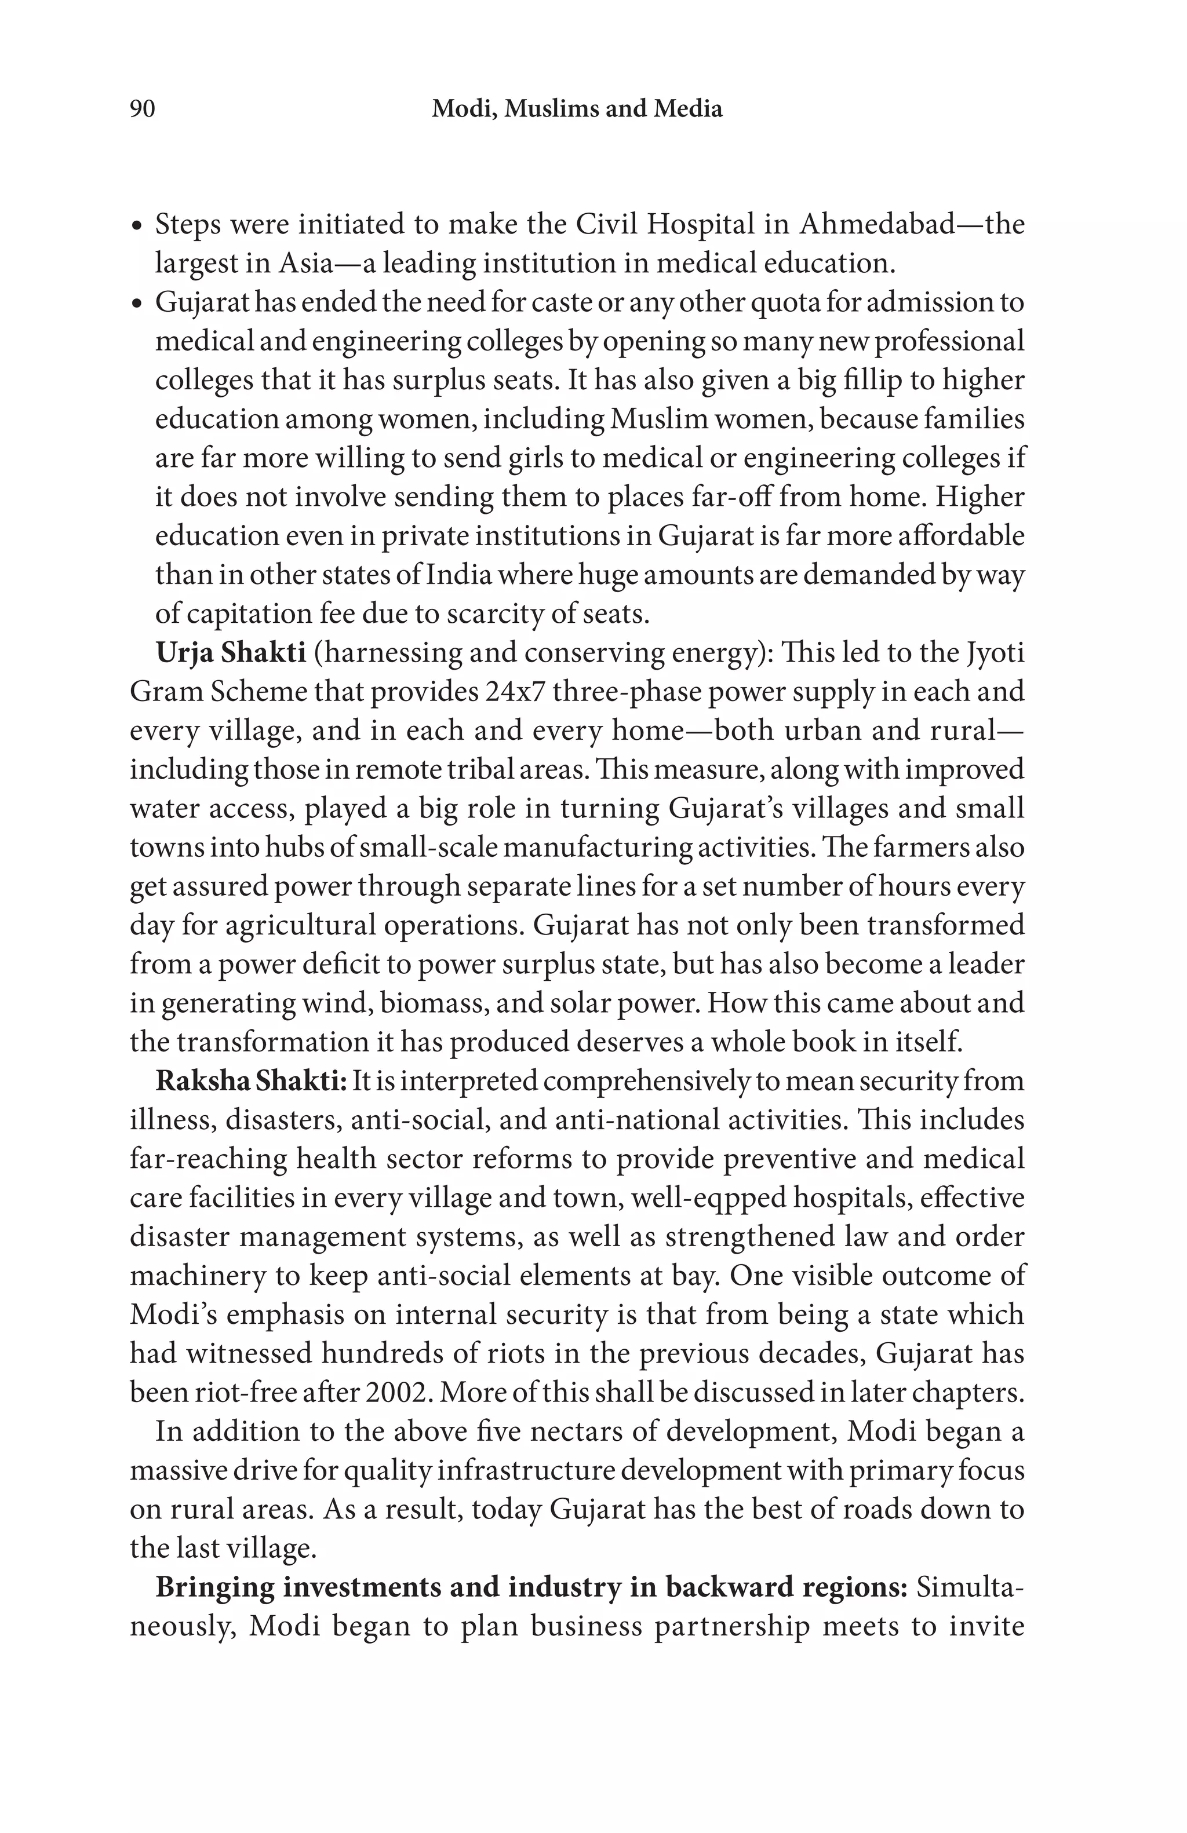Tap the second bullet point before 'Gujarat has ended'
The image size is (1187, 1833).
click(137, 304)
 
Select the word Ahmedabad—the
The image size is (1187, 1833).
click(912, 224)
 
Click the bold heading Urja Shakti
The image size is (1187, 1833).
click(230, 652)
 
